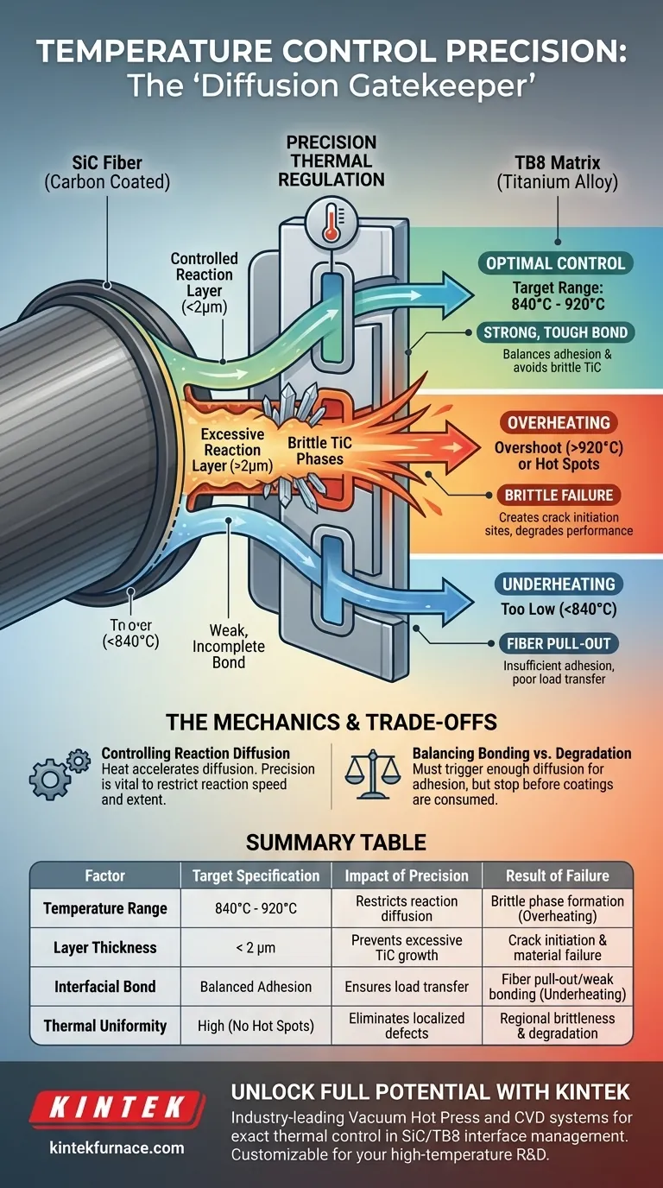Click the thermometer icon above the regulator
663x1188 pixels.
pyautogui.click(x=330, y=220)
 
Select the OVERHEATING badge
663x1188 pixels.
pyautogui.click(x=559, y=423)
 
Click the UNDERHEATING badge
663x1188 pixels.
pyautogui.click(x=559, y=585)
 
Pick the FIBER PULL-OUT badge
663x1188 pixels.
pyautogui.click(x=559, y=642)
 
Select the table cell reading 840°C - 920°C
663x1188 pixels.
pyautogui.click(x=256, y=908)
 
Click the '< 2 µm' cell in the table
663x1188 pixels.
pyautogui.click(x=256, y=947)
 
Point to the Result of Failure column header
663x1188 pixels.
pyautogui.click(x=557, y=875)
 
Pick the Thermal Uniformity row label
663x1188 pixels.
pyautogui.click(x=104, y=1026)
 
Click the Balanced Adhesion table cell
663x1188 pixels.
pyautogui.click(x=256, y=986)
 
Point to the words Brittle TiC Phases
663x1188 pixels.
pyautogui.click(x=321, y=451)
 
